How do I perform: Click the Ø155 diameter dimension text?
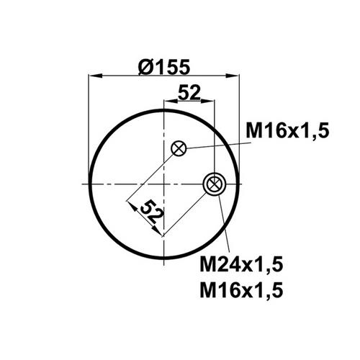[x=164, y=67]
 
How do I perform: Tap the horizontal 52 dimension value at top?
[x=189, y=92]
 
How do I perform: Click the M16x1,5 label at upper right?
[x=287, y=130]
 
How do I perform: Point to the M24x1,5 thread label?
[x=241, y=264]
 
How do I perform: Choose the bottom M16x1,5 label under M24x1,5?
[x=241, y=289]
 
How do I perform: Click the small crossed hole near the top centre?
[x=179, y=148]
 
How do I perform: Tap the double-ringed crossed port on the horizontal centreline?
[x=215, y=184]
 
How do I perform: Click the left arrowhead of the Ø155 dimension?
[x=96, y=76]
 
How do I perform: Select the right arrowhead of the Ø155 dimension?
[x=233, y=76]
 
